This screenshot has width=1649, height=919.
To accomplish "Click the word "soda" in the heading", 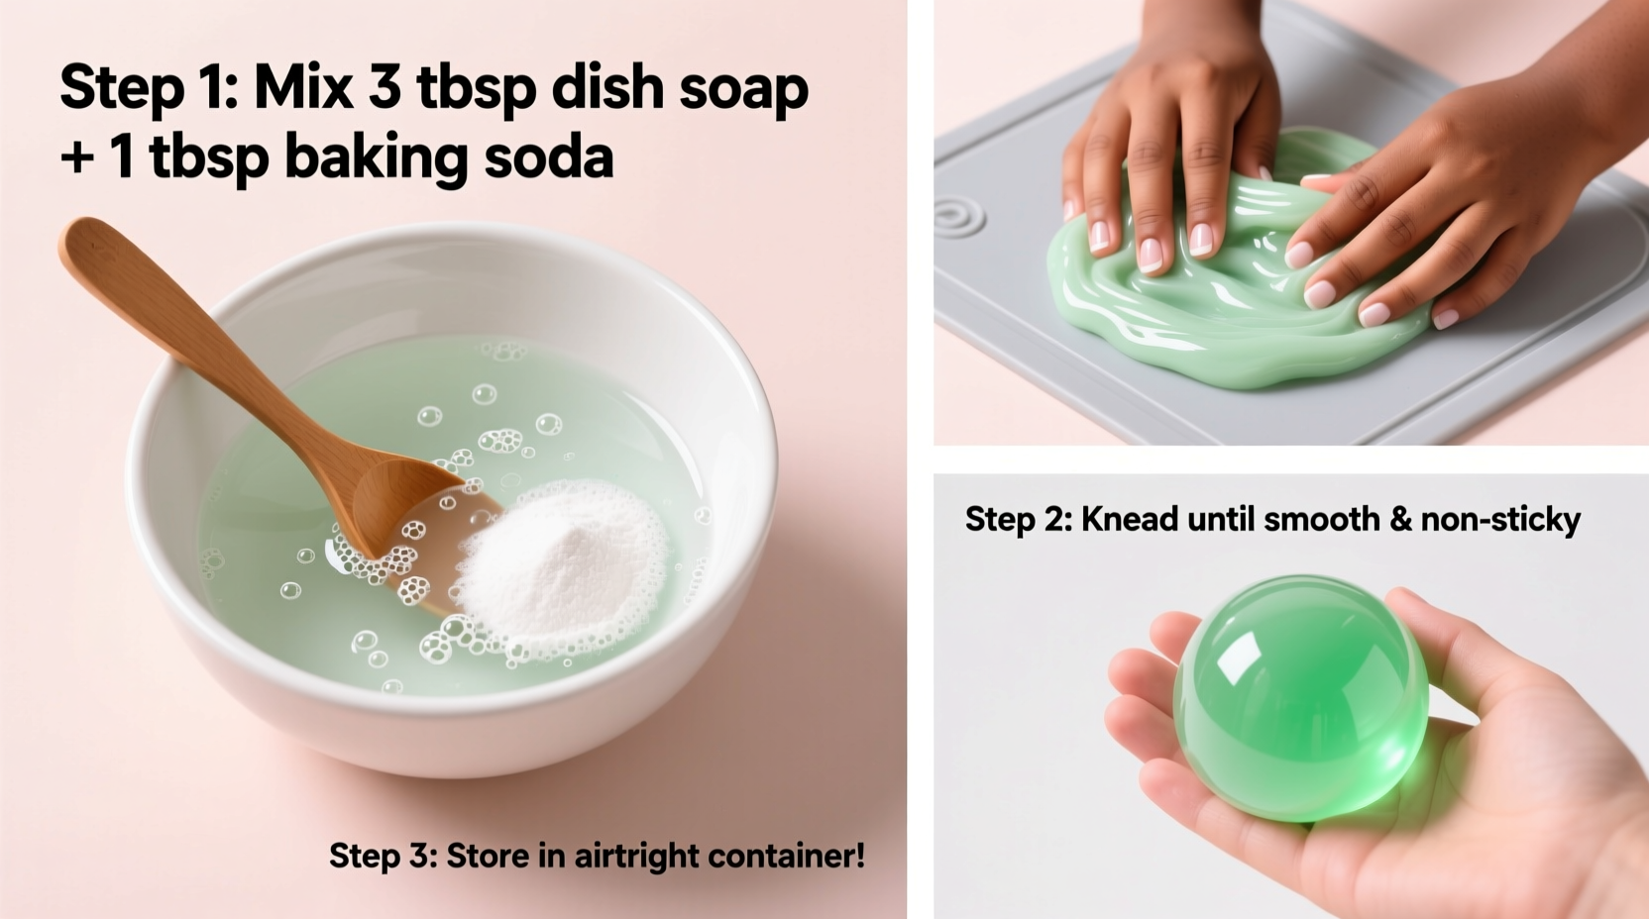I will point(548,156).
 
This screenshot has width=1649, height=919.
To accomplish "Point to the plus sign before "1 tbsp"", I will point(76,158).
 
